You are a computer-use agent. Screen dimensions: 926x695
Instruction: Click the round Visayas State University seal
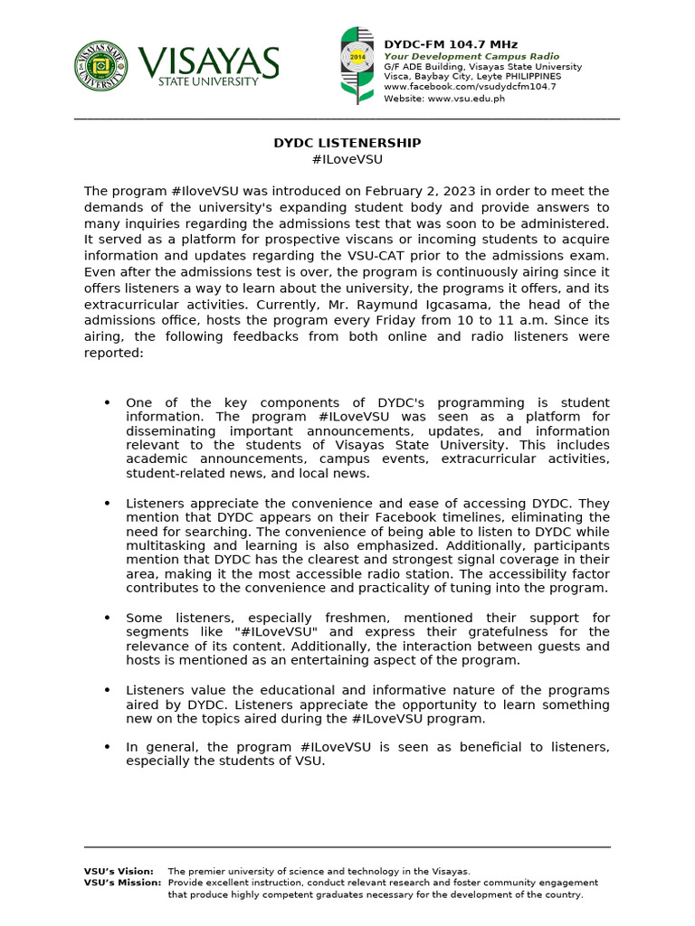pyautogui.click(x=101, y=66)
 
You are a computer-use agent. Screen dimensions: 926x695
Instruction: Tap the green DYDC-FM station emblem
pyautogui.click(x=355, y=64)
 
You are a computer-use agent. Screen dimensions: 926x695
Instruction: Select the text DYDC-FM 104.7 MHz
pyautogui.click(x=439, y=44)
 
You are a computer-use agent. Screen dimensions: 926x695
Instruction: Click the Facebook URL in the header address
pyautogui.click(x=470, y=87)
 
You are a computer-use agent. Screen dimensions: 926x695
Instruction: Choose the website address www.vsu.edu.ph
pyautogui.click(x=466, y=99)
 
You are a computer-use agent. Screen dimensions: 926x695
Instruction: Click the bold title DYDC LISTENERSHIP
pyautogui.click(x=347, y=143)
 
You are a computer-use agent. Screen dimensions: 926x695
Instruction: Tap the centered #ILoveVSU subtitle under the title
pyautogui.click(x=347, y=159)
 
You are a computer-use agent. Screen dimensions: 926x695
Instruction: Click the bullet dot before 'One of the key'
pyautogui.click(x=107, y=402)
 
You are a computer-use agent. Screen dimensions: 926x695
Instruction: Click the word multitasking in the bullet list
pyautogui.click(x=167, y=546)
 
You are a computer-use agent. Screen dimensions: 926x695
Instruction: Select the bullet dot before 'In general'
pyautogui.click(x=107, y=747)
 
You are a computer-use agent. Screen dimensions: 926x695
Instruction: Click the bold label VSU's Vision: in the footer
pyautogui.click(x=119, y=871)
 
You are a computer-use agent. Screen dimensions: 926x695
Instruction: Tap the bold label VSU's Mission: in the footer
pyautogui.click(x=122, y=883)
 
